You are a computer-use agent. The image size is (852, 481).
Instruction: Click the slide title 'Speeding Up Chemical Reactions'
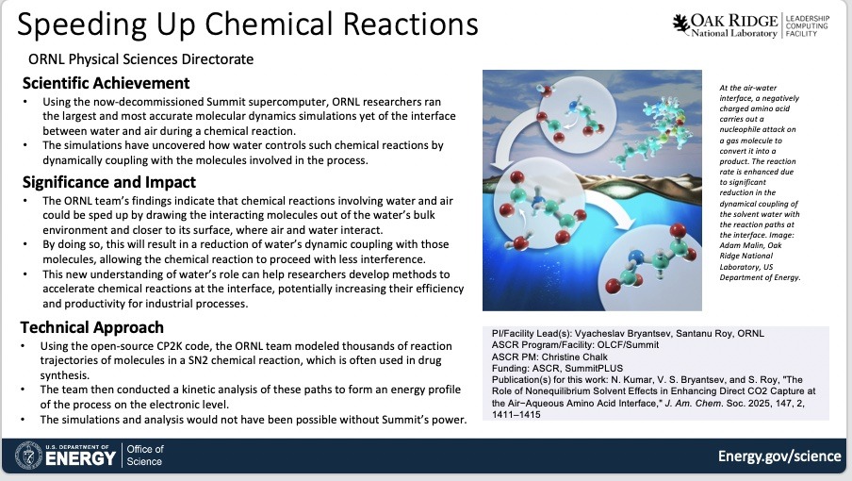click(248, 25)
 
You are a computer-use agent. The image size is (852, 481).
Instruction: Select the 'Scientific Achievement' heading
click(106, 83)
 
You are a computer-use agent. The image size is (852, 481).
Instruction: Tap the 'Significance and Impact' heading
click(109, 182)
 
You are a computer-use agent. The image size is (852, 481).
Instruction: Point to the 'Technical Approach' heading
click(91, 327)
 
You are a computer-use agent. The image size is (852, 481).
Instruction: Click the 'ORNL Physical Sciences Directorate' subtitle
click(140, 59)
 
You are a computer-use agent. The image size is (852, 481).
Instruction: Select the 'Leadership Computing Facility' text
click(808, 26)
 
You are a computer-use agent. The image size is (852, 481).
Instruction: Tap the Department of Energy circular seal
click(28, 455)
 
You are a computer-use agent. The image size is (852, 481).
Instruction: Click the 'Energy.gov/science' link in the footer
click(779, 456)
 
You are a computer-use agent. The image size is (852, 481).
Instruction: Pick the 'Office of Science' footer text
click(144, 456)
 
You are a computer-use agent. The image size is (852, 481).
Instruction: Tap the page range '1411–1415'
click(516, 415)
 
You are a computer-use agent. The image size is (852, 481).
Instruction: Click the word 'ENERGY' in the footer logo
click(80, 458)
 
